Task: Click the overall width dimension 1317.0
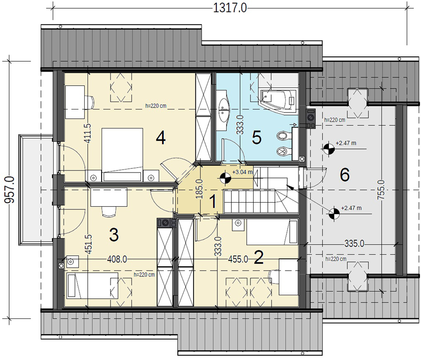pos(230,8)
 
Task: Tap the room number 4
pos(161,138)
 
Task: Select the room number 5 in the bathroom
pos(257,138)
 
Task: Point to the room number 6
pos(345,175)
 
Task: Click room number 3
pos(114,235)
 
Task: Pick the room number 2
pos(258,257)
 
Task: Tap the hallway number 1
pos(213,202)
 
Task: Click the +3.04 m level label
pos(243,172)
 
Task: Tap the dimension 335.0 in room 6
pos(354,244)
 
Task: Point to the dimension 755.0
pos(381,190)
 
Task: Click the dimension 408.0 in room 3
pos(117,259)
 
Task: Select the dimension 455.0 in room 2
pos(238,259)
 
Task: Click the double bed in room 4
pos(122,155)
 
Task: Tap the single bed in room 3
pos(93,286)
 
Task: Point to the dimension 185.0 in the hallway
pos(199,189)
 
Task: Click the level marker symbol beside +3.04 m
pos(225,178)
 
